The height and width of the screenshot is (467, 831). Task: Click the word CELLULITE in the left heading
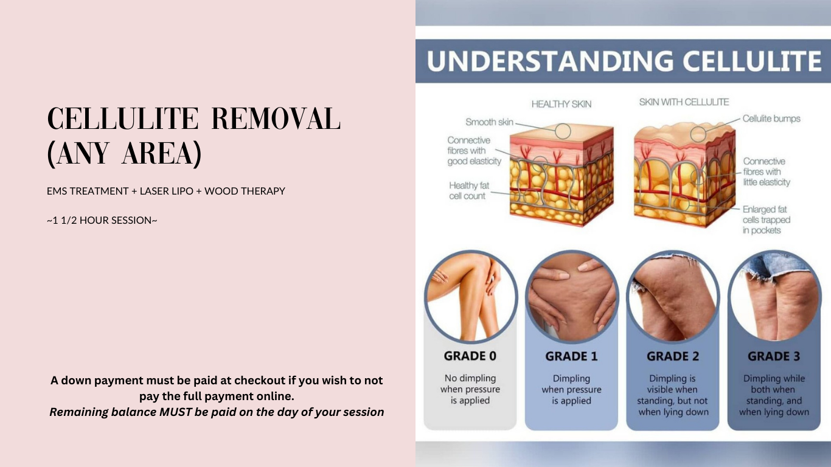coord(123,119)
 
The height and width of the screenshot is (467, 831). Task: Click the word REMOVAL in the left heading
coord(275,119)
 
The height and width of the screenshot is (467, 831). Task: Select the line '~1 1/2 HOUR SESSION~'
coord(102,220)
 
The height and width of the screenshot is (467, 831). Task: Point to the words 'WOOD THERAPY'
coord(245,191)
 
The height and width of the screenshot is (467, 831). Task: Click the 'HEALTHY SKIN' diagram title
coord(561,104)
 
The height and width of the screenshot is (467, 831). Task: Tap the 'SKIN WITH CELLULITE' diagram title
coord(683,102)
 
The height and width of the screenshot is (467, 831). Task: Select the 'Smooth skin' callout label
coord(489,122)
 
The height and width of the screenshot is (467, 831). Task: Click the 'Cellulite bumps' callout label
coord(771,119)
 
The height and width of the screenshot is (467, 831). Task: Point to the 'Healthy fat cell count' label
coord(468,190)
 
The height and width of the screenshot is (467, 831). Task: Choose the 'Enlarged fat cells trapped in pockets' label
coord(766,220)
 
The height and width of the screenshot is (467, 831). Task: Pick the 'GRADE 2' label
coord(672,356)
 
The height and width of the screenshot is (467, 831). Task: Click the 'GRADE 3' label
coord(773,356)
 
